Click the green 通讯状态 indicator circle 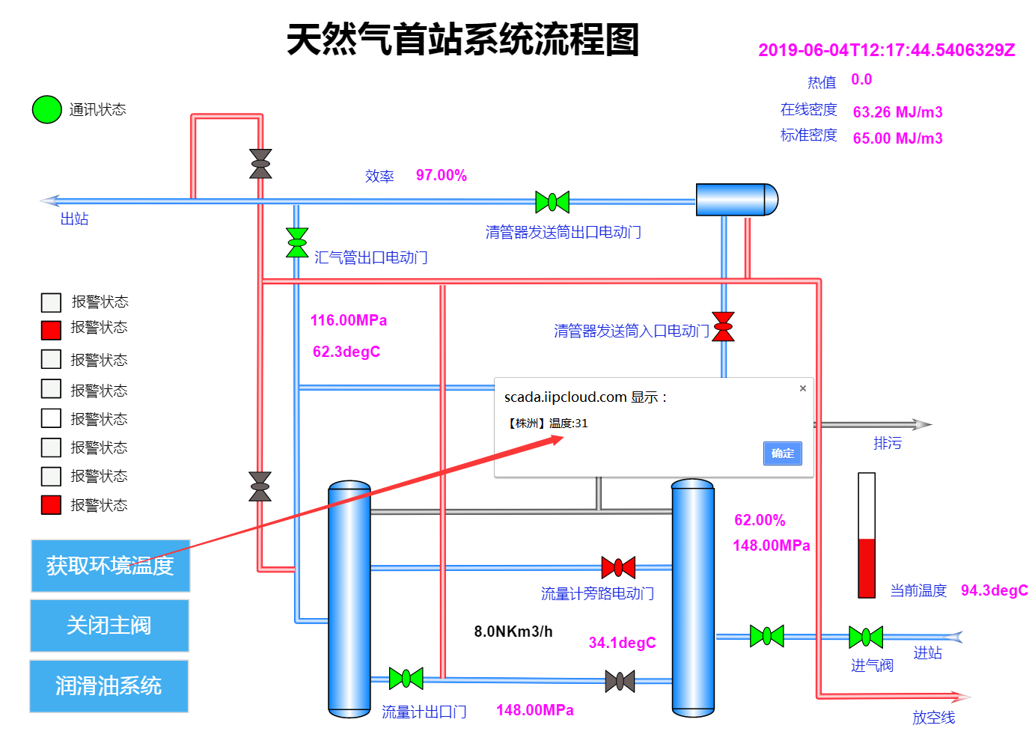(x=46, y=109)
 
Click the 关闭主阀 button (x=109, y=626)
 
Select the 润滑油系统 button (x=109, y=686)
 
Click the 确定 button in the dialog (x=782, y=453)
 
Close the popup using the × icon (x=803, y=388)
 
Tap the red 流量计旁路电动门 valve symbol (x=618, y=567)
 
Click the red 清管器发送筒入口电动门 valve (x=723, y=327)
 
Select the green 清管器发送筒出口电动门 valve (x=552, y=202)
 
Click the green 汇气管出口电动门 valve (x=297, y=242)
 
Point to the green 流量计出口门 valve (x=406, y=678)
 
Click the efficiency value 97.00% (x=442, y=175)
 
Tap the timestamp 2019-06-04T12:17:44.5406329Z (x=887, y=50)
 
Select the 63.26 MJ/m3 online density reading (x=897, y=111)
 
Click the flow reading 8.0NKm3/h (x=513, y=632)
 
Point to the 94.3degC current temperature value (x=995, y=590)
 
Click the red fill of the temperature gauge (x=867, y=569)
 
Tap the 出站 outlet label (x=74, y=218)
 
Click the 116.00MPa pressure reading (x=349, y=320)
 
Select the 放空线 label (x=933, y=718)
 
